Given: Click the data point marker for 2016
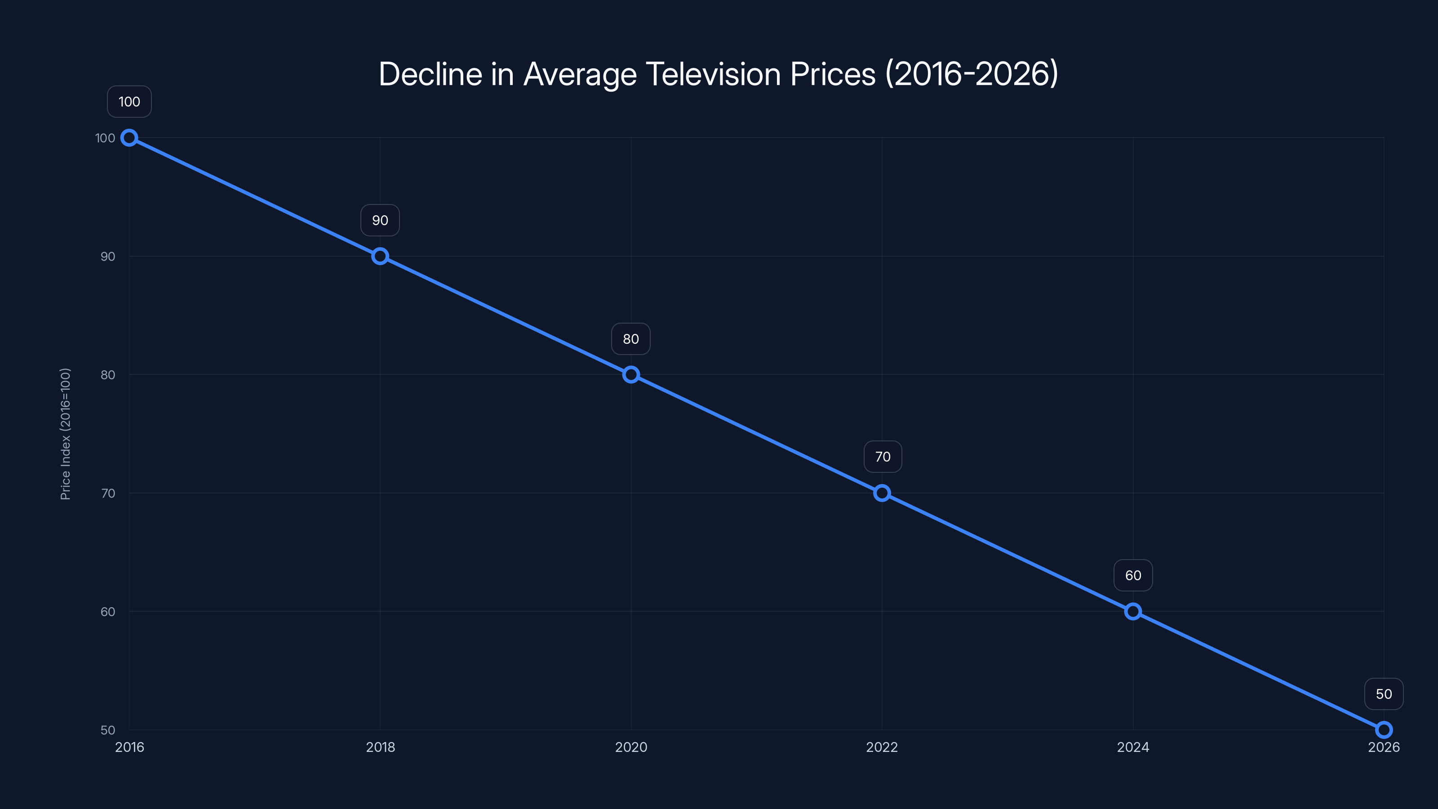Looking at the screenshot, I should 129,138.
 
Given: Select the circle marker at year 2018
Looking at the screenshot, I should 380,256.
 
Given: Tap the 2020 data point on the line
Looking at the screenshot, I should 631,375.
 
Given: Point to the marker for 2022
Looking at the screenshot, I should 882,493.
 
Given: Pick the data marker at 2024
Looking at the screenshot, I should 1132,611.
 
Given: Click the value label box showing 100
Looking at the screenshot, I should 129,102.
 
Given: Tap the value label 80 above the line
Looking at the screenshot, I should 631,339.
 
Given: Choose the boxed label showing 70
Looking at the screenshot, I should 883,457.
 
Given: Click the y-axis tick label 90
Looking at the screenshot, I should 108,257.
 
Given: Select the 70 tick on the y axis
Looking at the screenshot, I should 108,493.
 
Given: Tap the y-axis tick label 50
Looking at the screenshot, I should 108,730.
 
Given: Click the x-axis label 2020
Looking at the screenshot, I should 631,747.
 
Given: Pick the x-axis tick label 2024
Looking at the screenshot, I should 1132,747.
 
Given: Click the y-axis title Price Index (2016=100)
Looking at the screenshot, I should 65,434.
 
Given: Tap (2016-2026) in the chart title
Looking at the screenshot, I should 971,74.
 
